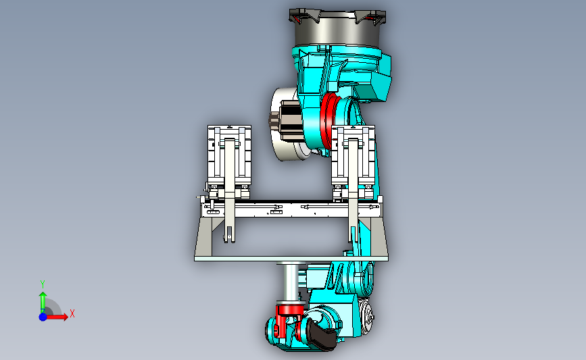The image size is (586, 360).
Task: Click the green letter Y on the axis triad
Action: [42, 284]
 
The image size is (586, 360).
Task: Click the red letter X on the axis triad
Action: [72, 313]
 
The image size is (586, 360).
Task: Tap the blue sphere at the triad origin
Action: [43, 317]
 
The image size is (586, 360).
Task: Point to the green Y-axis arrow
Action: [43, 302]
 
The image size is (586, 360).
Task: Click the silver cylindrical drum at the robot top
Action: [337, 33]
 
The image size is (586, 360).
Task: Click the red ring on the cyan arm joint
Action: [328, 120]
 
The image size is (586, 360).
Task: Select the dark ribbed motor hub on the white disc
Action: [286, 120]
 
